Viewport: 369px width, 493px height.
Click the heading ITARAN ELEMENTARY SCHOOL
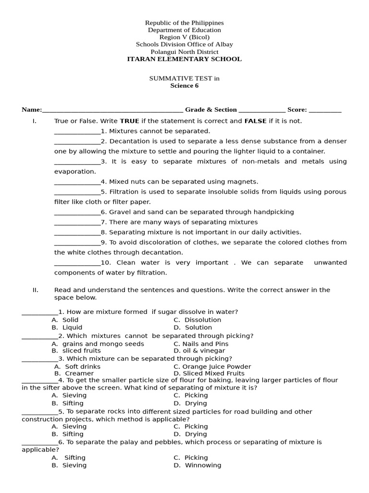point(184,59)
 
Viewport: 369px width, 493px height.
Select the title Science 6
point(184,86)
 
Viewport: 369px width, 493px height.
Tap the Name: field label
point(32,110)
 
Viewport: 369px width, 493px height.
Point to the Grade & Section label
point(211,110)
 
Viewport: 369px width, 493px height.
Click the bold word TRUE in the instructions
point(129,121)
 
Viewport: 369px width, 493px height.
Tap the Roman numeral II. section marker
point(35,290)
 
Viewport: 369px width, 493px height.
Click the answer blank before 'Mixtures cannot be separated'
point(77,131)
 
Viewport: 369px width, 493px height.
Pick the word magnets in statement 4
point(244,182)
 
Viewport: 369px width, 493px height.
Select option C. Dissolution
point(197,320)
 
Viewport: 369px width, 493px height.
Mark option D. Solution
point(193,327)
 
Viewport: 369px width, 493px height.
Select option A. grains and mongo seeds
point(98,344)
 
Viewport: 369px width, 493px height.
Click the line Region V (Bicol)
point(184,37)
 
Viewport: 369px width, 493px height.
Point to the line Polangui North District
point(184,52)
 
